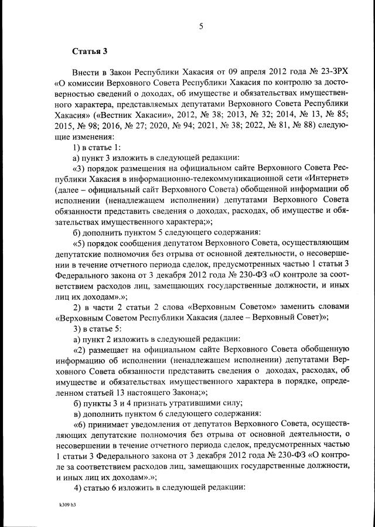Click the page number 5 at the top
click(200, 26)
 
